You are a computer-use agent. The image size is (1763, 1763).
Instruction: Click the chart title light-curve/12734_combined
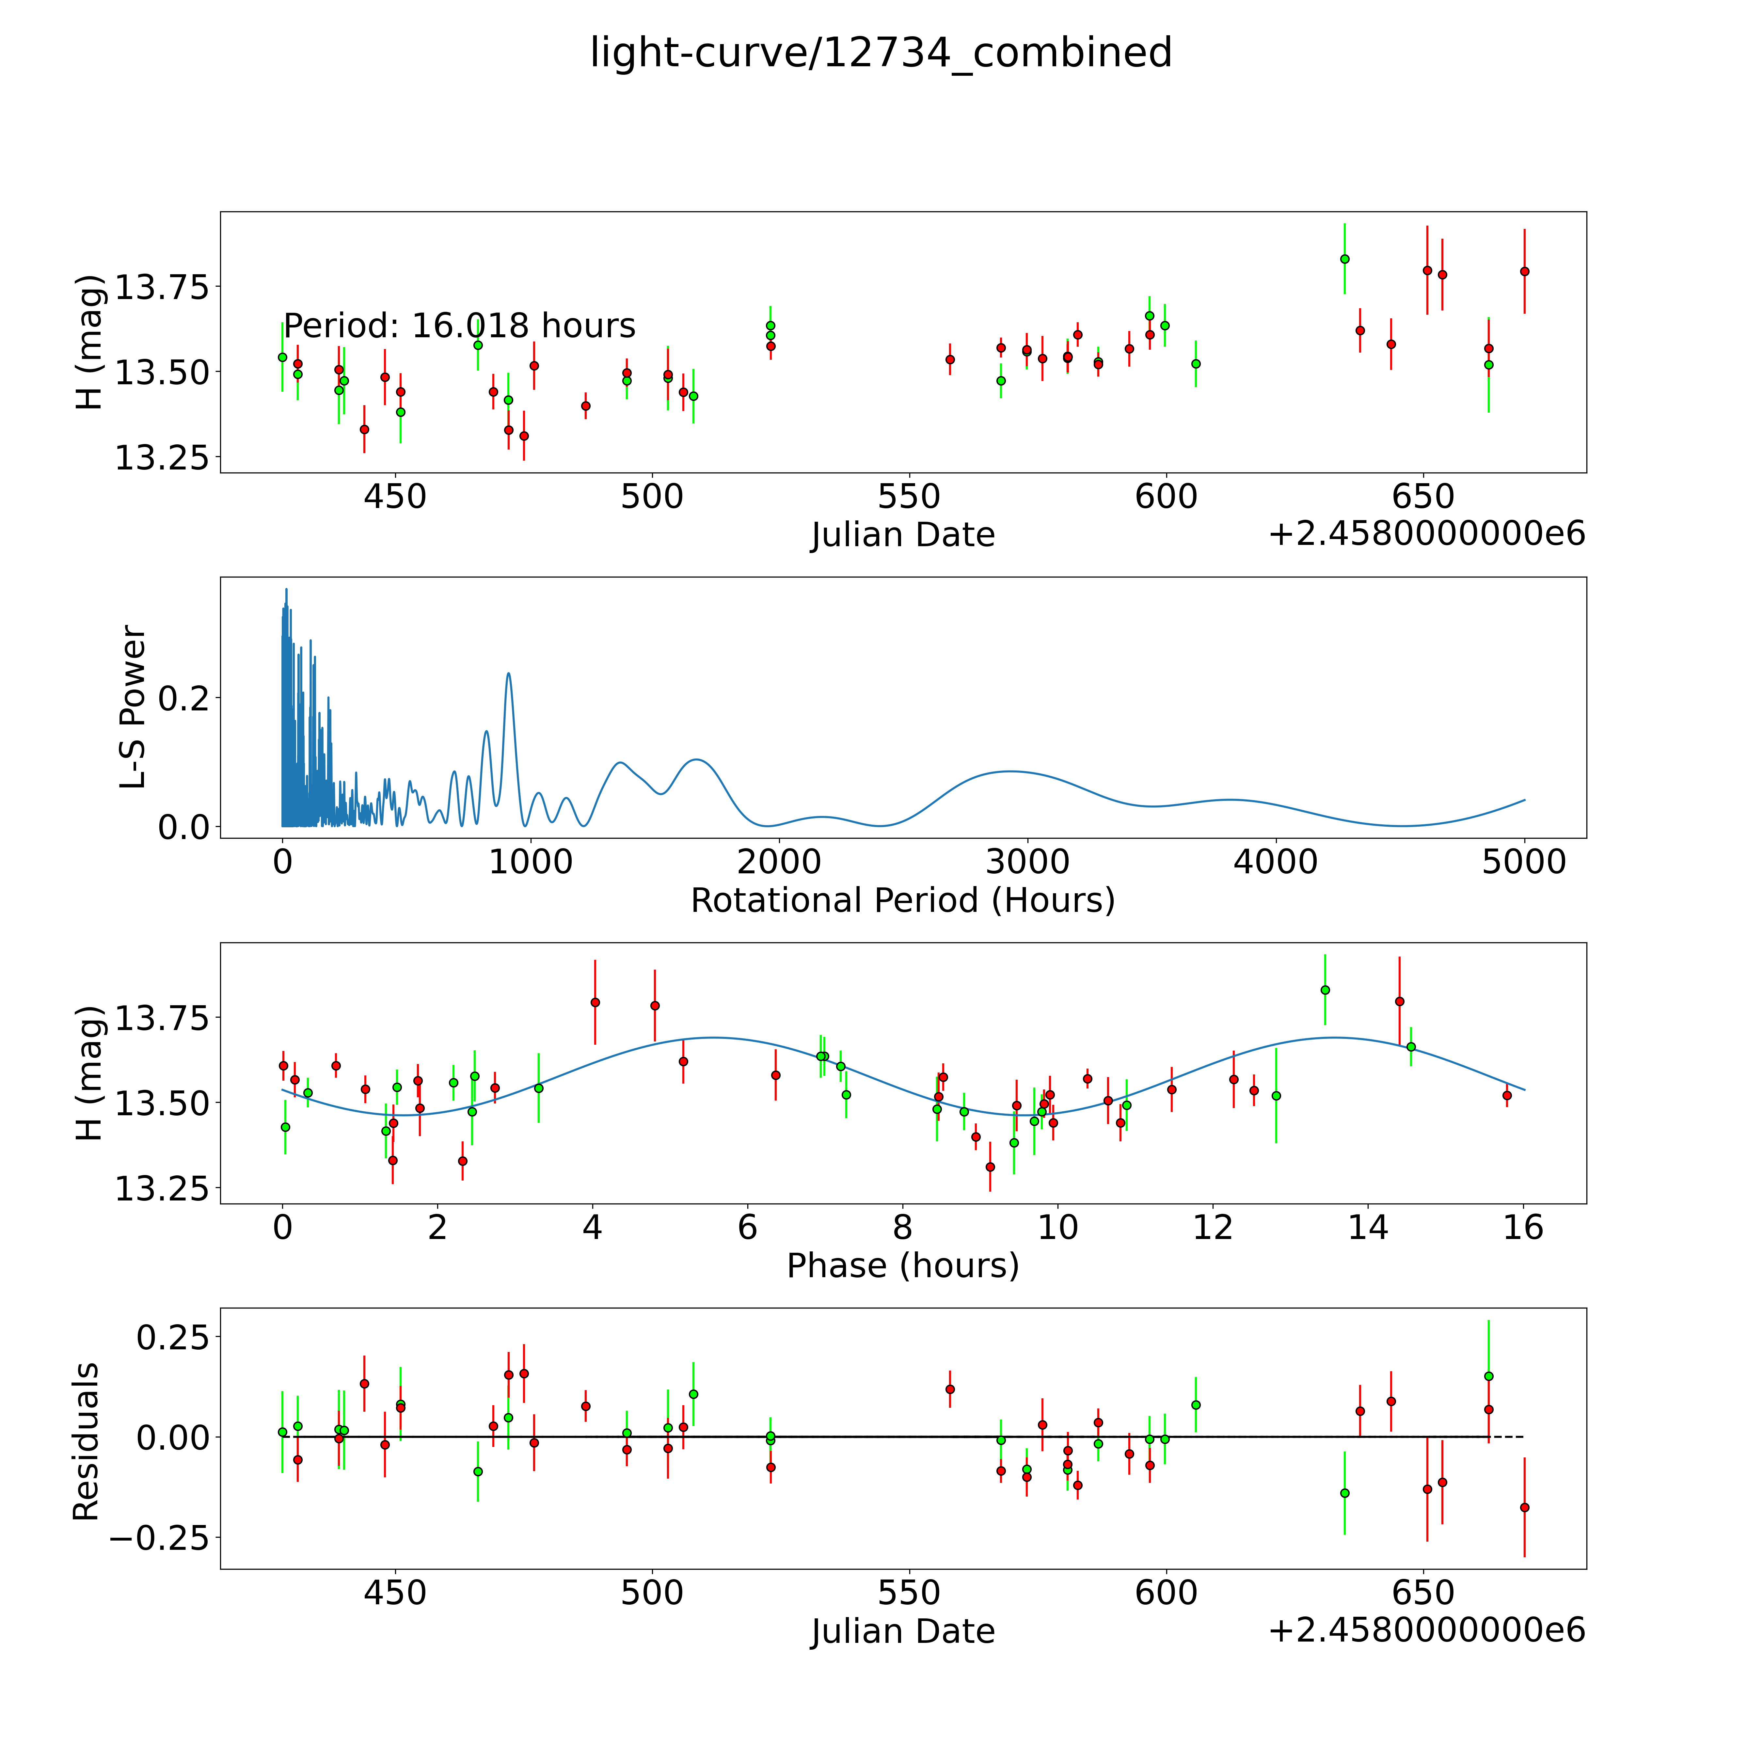[881, 53]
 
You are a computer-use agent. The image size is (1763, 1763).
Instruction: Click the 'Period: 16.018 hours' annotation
[459, 326]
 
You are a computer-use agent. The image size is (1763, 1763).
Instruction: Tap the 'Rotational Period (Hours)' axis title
[902, 901]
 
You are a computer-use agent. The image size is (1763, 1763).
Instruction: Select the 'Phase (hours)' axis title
[902, 1266]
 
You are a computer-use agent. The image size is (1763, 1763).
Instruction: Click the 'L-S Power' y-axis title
[133, 707]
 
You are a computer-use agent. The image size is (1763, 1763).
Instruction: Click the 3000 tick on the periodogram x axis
[1027, 862]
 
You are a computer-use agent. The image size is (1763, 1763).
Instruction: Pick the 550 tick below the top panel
[909, 497]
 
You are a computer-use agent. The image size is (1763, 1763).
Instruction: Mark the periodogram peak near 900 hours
[508, 674]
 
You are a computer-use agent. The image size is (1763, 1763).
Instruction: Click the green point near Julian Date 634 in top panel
[1344, 259]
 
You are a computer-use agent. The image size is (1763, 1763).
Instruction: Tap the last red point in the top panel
[1524, 271]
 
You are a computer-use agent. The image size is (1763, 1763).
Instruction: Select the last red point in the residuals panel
[1524, 1507]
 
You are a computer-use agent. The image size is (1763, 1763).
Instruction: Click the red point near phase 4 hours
[595, 1002]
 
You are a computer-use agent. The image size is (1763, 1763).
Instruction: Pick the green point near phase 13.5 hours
[1325, 990]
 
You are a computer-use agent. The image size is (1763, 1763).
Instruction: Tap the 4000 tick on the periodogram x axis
[1276, 862]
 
